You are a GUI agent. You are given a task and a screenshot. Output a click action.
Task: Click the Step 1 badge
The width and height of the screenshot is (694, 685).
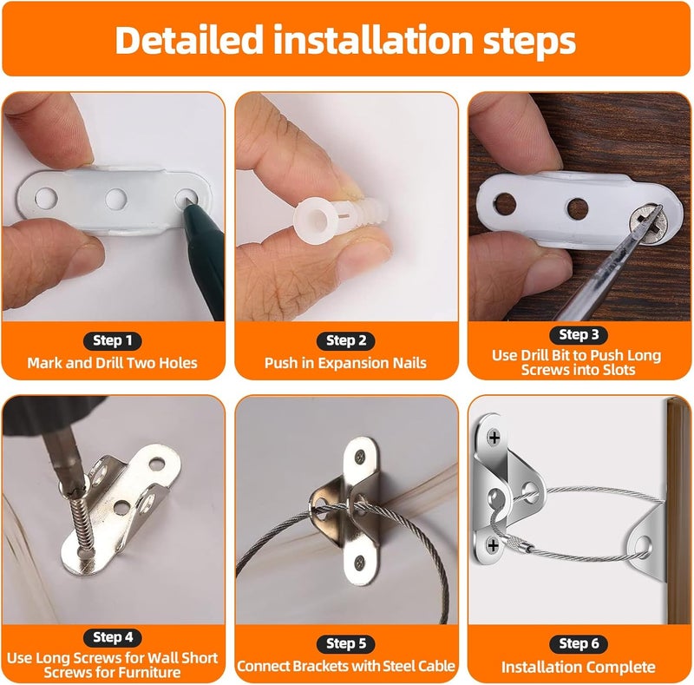[113, 341]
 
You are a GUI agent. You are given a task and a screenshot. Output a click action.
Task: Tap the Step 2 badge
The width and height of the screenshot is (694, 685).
[345, 341]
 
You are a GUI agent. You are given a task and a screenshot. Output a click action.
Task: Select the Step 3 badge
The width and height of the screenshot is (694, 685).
[573, 334]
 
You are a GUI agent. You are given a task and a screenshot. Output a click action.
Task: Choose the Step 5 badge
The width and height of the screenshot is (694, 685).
[345, 643]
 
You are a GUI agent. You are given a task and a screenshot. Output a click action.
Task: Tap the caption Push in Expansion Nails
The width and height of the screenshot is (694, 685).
[345, 363]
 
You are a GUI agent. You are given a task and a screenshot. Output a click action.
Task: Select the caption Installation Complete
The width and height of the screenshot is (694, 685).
[579, 667]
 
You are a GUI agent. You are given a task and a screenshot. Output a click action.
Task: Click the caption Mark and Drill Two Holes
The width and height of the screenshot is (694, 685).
[112, 363]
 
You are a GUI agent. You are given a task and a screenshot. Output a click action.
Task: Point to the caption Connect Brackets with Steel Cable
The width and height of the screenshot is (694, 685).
[345, 666]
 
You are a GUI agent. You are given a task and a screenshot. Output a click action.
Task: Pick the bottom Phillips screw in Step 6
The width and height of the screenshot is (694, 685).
[494, 544]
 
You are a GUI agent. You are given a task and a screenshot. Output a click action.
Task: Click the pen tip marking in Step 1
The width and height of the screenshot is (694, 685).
[188, 202]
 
